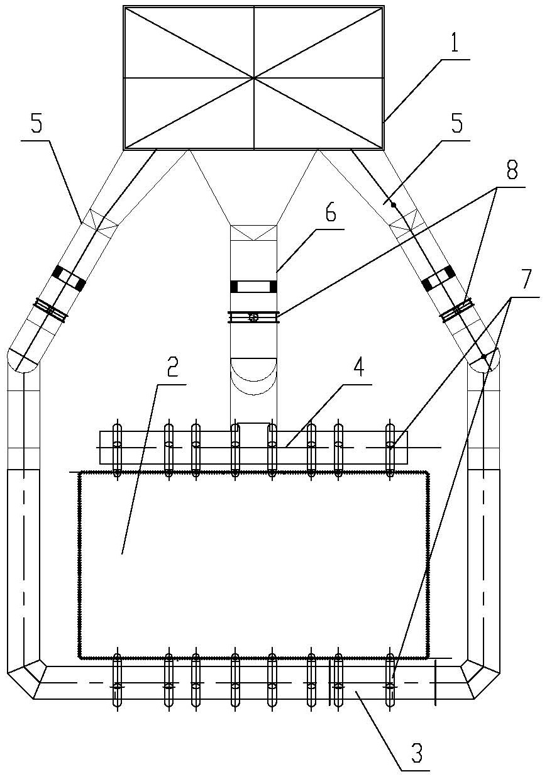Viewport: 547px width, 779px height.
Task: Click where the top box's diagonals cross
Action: tap(253, 77)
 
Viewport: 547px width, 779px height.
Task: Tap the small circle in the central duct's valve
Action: tap(253, 317)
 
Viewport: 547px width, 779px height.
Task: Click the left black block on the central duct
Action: tap(235, 287)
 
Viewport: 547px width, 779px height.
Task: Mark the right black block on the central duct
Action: tap(273, 287)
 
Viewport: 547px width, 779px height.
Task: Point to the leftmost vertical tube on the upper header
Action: tap(116, 450)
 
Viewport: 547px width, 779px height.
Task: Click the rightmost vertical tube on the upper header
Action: tap(390, 450)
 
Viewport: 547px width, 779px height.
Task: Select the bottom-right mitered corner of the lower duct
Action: tap(479, 678)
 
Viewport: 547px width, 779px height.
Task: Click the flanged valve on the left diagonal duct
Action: tap(51, 311)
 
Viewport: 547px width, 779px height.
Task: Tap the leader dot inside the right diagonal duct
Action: tap(393, 204)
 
